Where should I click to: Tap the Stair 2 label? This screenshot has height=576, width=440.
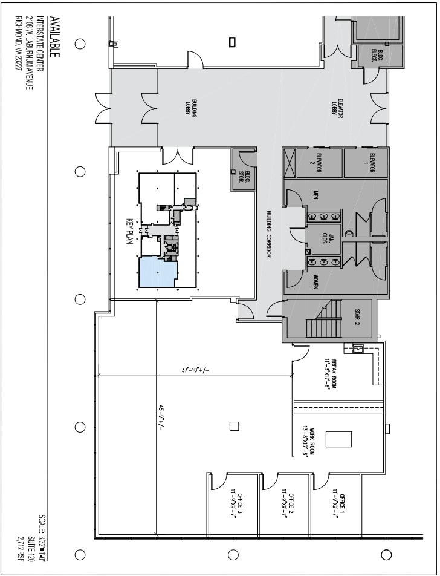coord(358,318)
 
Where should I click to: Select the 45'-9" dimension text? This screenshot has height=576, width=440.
coord(160,421)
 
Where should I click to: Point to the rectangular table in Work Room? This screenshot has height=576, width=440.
coord(338,439)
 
